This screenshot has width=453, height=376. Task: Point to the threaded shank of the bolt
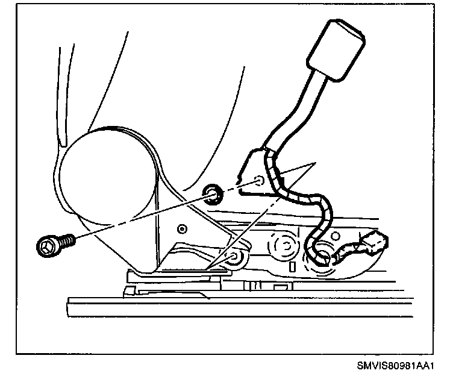(66, 241)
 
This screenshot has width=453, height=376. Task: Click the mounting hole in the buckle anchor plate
(258, 180)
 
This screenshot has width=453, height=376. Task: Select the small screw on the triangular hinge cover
(183, 228)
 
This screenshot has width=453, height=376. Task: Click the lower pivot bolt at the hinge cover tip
(234, 258)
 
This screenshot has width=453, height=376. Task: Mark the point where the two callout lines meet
(314, 163)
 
